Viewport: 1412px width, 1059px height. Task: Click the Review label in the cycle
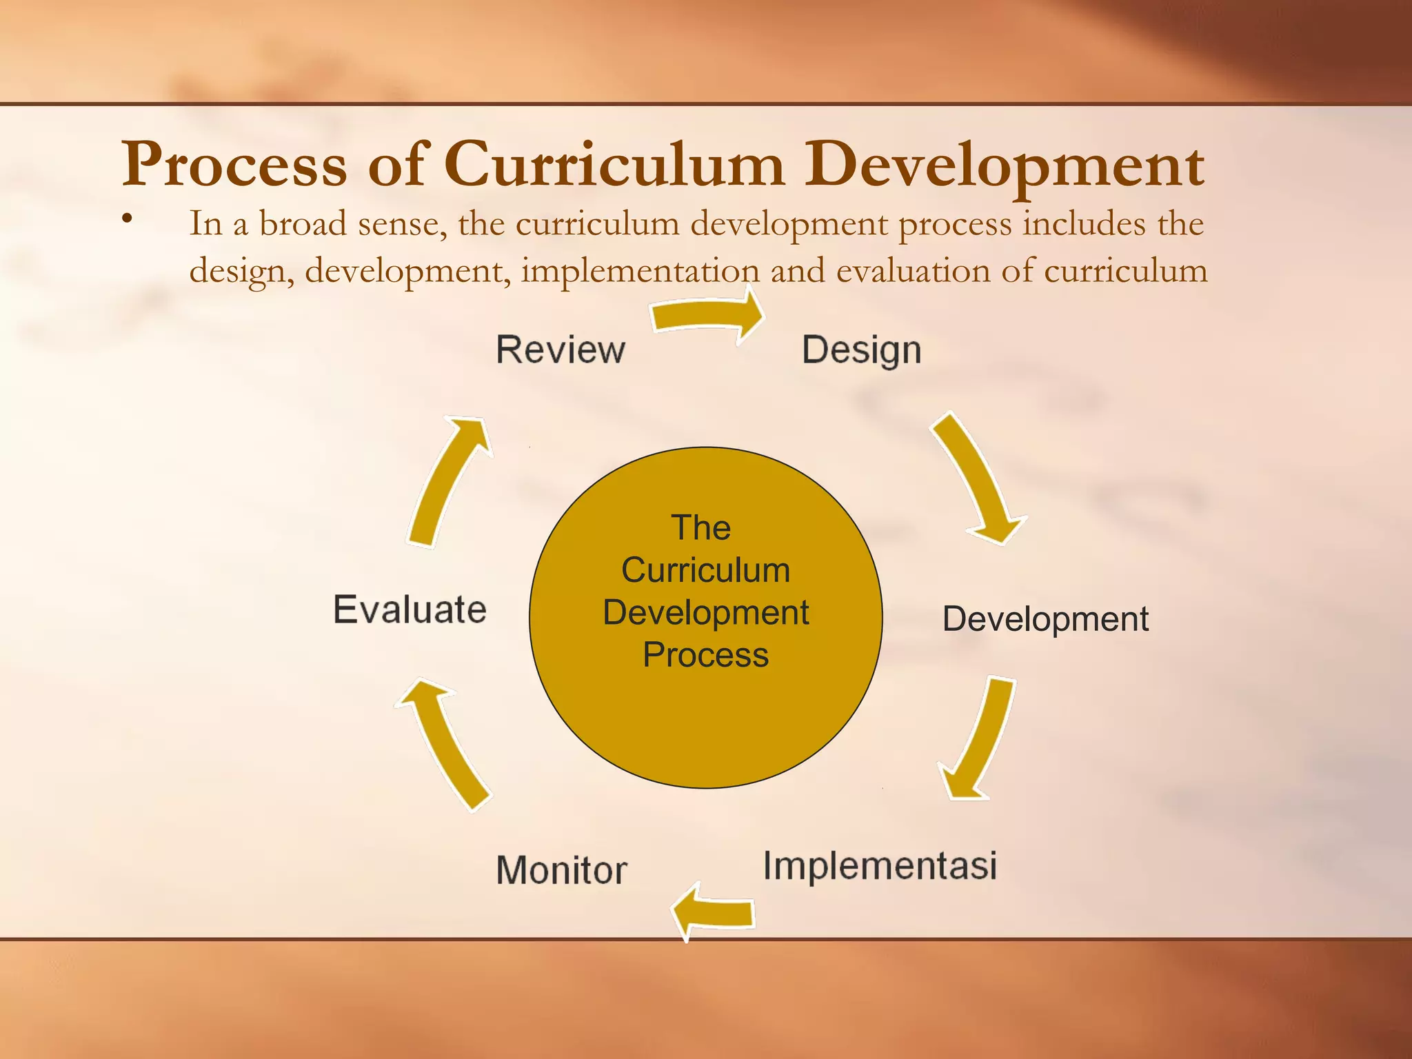(561, 350)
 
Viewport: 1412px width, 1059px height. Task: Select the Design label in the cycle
(861, 350)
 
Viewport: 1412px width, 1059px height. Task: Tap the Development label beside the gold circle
(1045, 619)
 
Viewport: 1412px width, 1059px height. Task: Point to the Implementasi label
(880, 865)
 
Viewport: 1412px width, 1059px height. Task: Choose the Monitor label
(561, 869)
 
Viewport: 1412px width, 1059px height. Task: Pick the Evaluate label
(410, 609)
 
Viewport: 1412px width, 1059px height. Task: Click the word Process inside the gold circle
(705, 655)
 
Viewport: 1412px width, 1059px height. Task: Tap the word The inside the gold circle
(700, 528)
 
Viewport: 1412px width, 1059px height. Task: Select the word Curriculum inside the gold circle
(705, 570)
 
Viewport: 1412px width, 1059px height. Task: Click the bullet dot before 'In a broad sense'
(126, 220)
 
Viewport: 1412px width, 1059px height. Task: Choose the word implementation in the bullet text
(639, 270)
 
